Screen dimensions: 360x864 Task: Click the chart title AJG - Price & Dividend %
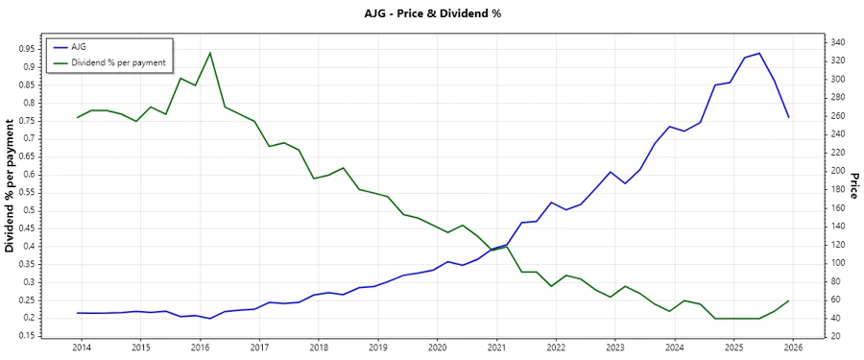431,13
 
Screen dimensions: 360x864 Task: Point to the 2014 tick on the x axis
81,348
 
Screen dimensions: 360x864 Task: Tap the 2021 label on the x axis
496,348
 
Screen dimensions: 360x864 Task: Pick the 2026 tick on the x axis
793,348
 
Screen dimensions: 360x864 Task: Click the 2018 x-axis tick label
318,348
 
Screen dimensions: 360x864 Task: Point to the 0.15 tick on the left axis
28,336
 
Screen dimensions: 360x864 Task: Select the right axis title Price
853,185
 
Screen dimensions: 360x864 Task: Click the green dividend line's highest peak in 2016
210,53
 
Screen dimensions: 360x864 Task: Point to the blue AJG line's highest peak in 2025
759,54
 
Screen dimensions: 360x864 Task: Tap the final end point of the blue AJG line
788,117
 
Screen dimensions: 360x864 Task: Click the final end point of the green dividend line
788,300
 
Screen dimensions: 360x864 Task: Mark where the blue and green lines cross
492,250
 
